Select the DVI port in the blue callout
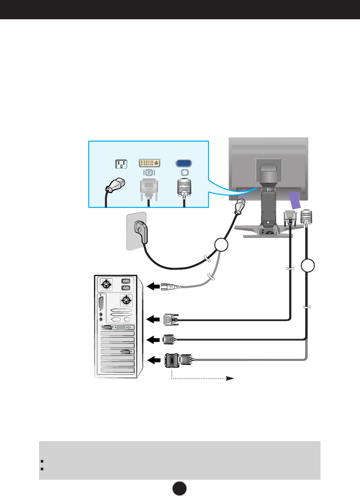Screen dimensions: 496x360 click(149, 163)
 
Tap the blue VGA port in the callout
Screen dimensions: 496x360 click(184, 163)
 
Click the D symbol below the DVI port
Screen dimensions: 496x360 click(149, 172)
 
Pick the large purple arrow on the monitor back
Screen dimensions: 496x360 click(294, 199)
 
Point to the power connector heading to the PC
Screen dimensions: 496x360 click(168, 286)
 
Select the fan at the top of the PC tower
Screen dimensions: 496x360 click(105, 284)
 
